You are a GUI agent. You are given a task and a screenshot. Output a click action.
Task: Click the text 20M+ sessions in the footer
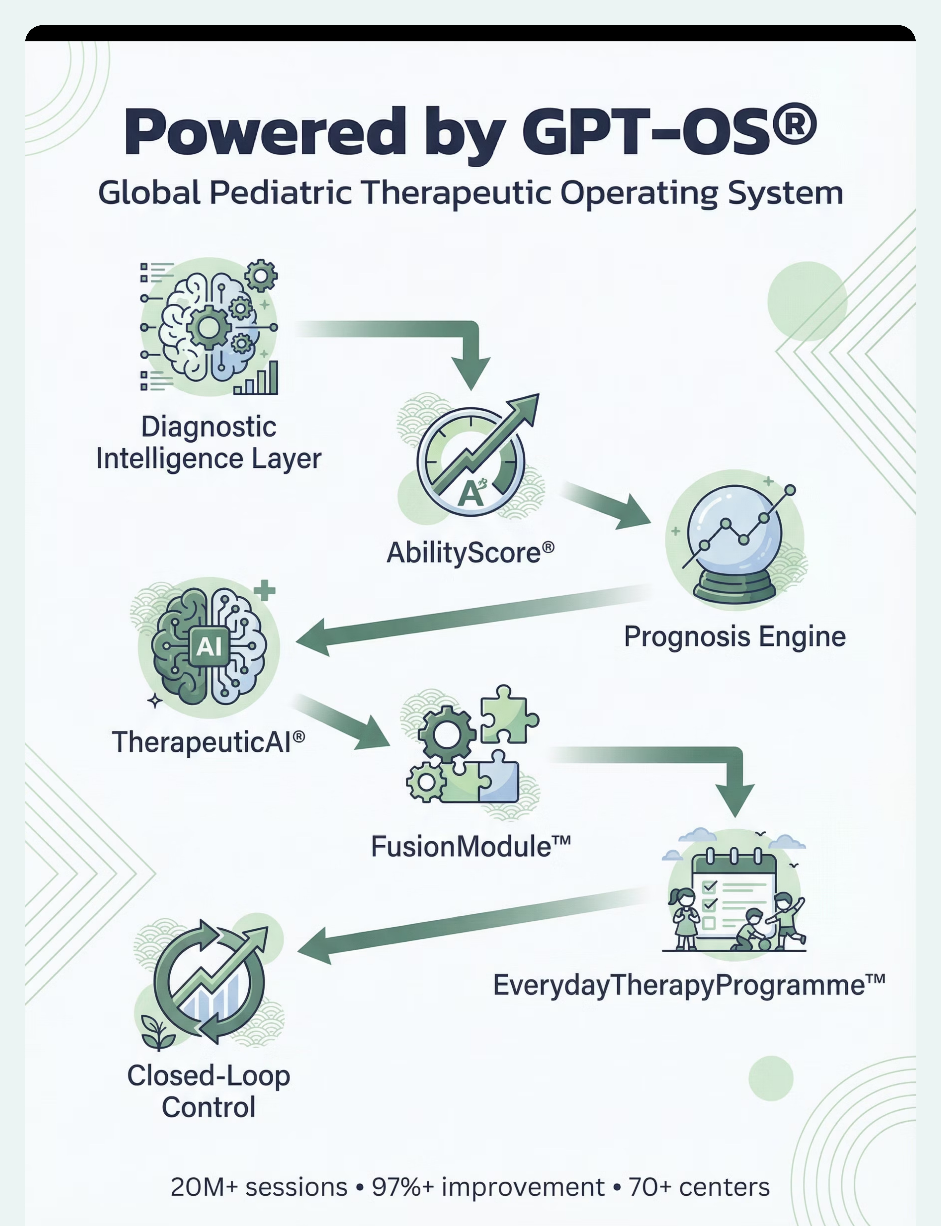259,1187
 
